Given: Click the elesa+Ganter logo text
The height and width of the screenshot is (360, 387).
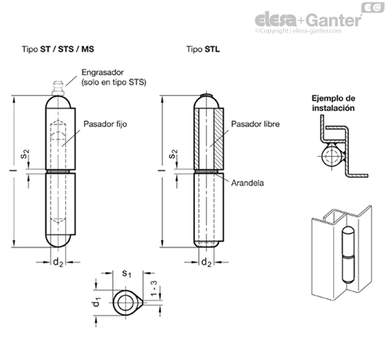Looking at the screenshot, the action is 308,20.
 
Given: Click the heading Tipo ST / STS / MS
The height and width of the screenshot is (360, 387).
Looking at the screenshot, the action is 58,49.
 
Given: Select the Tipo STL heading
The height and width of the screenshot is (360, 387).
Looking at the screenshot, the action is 203,49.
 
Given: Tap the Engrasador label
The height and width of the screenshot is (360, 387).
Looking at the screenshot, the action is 102,72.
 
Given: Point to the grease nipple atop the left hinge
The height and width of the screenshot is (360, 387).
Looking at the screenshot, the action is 58,88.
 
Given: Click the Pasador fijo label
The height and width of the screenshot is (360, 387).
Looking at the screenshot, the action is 105,124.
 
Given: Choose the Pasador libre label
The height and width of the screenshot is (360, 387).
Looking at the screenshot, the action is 255,124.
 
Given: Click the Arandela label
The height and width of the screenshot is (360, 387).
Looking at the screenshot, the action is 247,183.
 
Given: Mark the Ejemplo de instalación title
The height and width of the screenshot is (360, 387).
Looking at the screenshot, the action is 333,103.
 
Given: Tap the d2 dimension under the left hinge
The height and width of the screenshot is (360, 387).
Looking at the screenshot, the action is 58,262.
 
